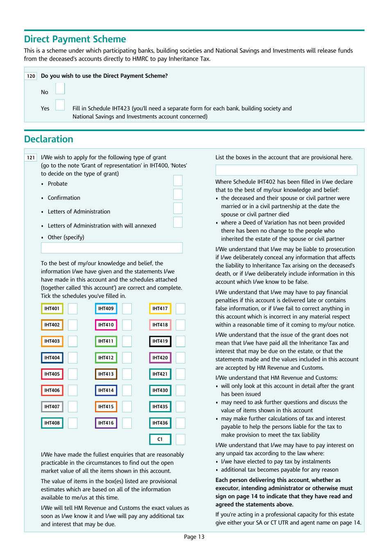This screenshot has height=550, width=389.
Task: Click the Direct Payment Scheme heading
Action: pyautogui.click(x=75, y=39)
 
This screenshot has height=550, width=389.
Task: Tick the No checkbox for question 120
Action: pyautogui.click(x=60, y=89)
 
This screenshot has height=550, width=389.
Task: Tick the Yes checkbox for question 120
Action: pyautogui.click(x=60, y=105)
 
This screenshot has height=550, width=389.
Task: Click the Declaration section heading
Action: pyautogui.click(x=49, y=139)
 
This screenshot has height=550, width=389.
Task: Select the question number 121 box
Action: pyautogui.click(x=31, y=157)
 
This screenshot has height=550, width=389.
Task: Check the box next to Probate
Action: pyautogui.click(x=178, y=181)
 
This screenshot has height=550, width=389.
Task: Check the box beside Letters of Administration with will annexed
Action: pyautogui.click(x=178, y=222)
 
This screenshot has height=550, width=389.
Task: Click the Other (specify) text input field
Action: pyautogui.click(x=111, y=248)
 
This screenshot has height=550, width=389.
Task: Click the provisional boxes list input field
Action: pyautogui.click(x=286, y=170)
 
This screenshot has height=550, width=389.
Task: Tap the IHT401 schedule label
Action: pyautogui.click(x=52, y=309)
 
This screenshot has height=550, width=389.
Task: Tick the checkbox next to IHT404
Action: pyautogui.click(x=72, y=358)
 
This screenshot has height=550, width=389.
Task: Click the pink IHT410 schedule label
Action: pyautogui.click(x=106, y=325)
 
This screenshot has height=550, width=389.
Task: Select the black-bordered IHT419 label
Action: pyautogui.click(x=160, y=341)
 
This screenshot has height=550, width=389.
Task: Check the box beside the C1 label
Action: pyautogui.click(x=180, y=439)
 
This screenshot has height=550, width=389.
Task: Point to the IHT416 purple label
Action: pyautogui.click(x=106, y=423)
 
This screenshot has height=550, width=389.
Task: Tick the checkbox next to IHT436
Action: pyautogui.click(x=180, y=423)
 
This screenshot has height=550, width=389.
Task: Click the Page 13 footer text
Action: pyautogui.click(x=194, y=537)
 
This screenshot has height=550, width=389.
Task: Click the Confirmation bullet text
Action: pyautogui.click(x=64, y=198)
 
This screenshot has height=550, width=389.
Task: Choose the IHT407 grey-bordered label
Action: pyautogui.click(x=52, y=407)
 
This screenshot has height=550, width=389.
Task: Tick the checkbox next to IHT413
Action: pyautogui.click(x=127, y=374)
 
